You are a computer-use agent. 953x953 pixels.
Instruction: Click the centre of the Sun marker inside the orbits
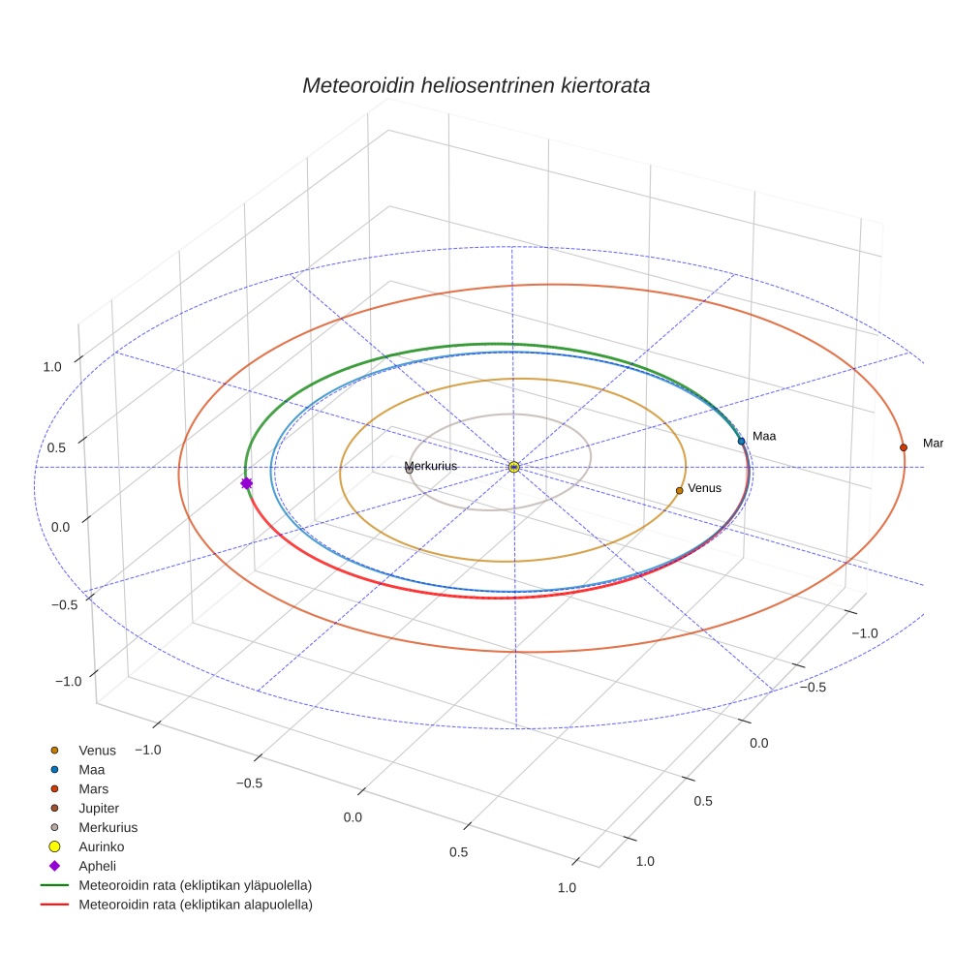(513, 467)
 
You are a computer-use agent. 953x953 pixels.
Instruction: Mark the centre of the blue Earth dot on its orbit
(741, 441)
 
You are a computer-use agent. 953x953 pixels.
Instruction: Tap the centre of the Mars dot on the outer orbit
(904, 447)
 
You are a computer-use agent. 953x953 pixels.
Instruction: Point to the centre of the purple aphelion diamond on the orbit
(246, 483)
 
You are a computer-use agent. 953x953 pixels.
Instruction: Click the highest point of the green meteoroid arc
(495, 344)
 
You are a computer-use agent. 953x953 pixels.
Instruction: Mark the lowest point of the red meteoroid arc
(505, 599)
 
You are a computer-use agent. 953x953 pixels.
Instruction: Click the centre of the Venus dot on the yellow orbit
(680, 490)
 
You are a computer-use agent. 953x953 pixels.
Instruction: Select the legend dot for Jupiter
(54, 808)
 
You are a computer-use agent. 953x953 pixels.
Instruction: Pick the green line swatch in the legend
(54, 885)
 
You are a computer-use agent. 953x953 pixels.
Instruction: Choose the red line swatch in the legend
(54, 905)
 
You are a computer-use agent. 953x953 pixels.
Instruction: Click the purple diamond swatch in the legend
(54, 866)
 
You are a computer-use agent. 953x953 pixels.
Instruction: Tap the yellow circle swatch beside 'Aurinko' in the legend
(54, 846)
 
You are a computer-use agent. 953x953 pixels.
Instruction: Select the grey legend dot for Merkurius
(54, 827)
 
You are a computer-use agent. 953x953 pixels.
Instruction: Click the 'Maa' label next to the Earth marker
(764, 436)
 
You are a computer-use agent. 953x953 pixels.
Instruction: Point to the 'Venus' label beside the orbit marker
(704, 488)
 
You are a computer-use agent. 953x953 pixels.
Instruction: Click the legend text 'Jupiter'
(99, 809)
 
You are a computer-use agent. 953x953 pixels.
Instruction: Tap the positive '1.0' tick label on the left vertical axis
(52, 366)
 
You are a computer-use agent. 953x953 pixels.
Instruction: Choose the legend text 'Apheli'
(97, 866)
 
